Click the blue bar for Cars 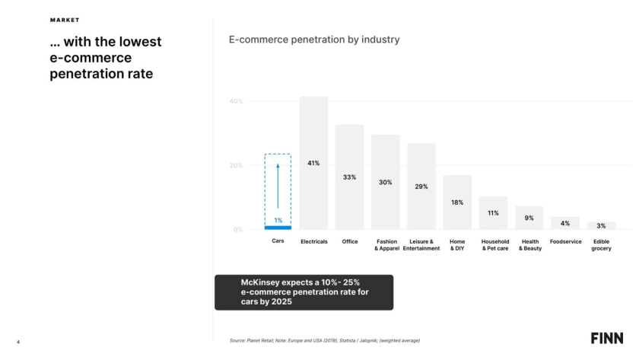(x=278, y=227)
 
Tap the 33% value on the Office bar (x=349, y=177)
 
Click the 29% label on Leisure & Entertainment (x=421, y=186)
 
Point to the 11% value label (x=493, y=213)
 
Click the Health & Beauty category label (x=529, y=245)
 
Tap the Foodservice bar (x=565, y=223)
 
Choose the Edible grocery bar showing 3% (x=601, y=225)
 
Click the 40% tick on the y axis (x=236, y=101)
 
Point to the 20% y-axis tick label (x=236, y=165)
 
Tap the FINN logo (x=607, y=338)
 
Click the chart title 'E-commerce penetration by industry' (x=314, y=39)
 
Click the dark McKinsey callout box (x=304, y=292)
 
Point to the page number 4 (x=17, y=340)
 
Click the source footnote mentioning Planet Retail (x=324, y=340)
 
